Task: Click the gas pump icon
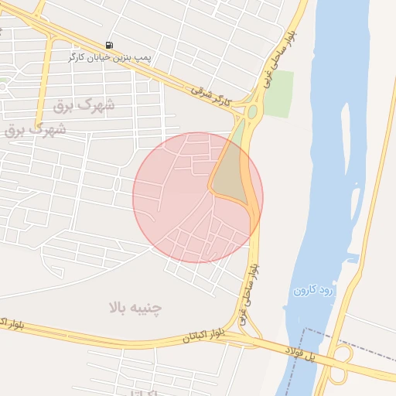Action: click(109, 45)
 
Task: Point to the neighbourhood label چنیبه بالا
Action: click(135, 308)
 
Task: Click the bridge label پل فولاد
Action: click(299, 353)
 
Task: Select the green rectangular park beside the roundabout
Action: click(279, 94)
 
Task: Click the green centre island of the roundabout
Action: click(253, 111)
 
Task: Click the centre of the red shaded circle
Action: click(197, 197)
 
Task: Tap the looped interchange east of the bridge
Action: click(340, 364)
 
